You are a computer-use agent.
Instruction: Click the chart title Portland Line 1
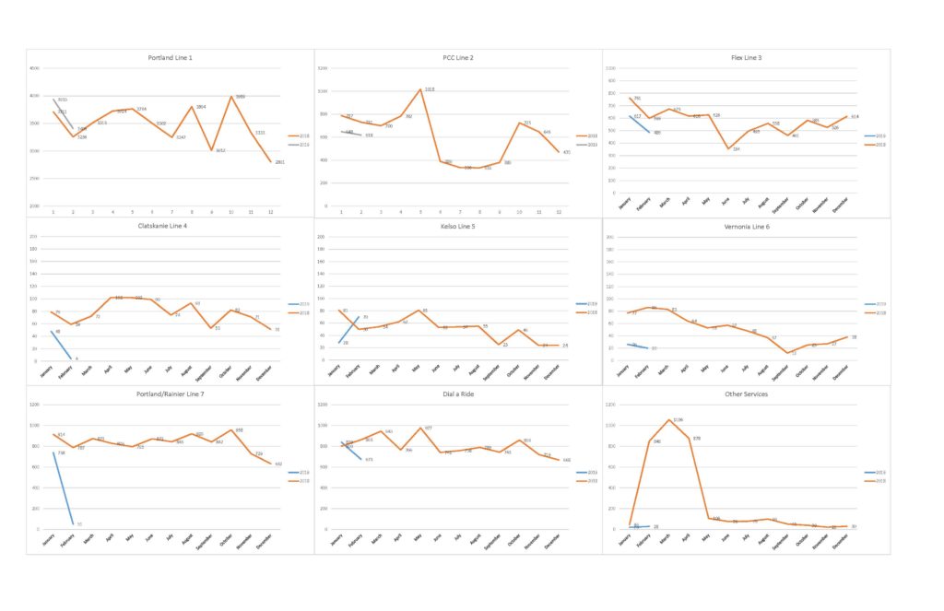170,58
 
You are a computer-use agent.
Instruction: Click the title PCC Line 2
458,58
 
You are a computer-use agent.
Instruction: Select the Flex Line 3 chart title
746,58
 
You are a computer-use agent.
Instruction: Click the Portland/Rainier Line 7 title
170,394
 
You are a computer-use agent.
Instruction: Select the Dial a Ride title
458,394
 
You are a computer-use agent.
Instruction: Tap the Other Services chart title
746,394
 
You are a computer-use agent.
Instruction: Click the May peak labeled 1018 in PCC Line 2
420,89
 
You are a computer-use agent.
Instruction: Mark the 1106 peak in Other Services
669,420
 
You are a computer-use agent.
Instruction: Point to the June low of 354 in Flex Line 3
729,148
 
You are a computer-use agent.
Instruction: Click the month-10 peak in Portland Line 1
231,97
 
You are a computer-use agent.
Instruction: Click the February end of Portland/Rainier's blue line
73,524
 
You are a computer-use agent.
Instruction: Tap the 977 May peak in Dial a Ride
420,428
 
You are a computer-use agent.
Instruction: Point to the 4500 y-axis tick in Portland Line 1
34,68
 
